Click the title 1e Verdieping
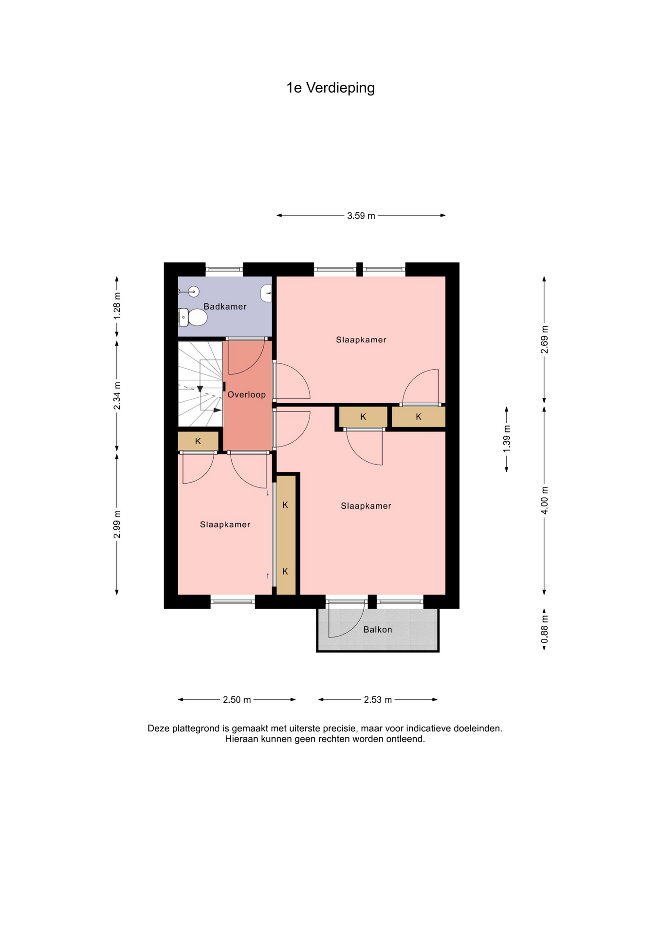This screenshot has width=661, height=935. click(330, 88)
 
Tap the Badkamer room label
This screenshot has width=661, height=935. click(225, 306)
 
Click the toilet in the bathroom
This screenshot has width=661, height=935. click(193, 318)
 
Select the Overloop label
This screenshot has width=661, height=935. click(247, 394)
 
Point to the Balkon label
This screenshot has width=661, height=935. click(378, 630)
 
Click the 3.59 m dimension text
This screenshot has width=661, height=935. click(361, 216)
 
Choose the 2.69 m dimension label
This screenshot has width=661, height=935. click(545, 340)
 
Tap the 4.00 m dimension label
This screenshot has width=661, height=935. click(545, 500)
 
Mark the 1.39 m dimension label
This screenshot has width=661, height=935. click(507, 439)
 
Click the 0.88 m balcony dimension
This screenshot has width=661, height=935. click(545, 629)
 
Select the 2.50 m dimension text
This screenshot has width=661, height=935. click(237, 700)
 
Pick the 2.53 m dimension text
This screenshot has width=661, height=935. click(378, 700)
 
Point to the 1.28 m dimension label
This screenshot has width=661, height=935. click(117, 306)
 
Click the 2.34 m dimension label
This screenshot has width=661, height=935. click(117, 396)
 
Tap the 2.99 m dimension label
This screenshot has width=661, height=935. click(117, 524)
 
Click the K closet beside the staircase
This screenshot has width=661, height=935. click(198, 441)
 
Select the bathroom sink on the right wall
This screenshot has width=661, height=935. click(266, 294)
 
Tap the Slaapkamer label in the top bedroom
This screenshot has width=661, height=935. click(361, 340)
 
